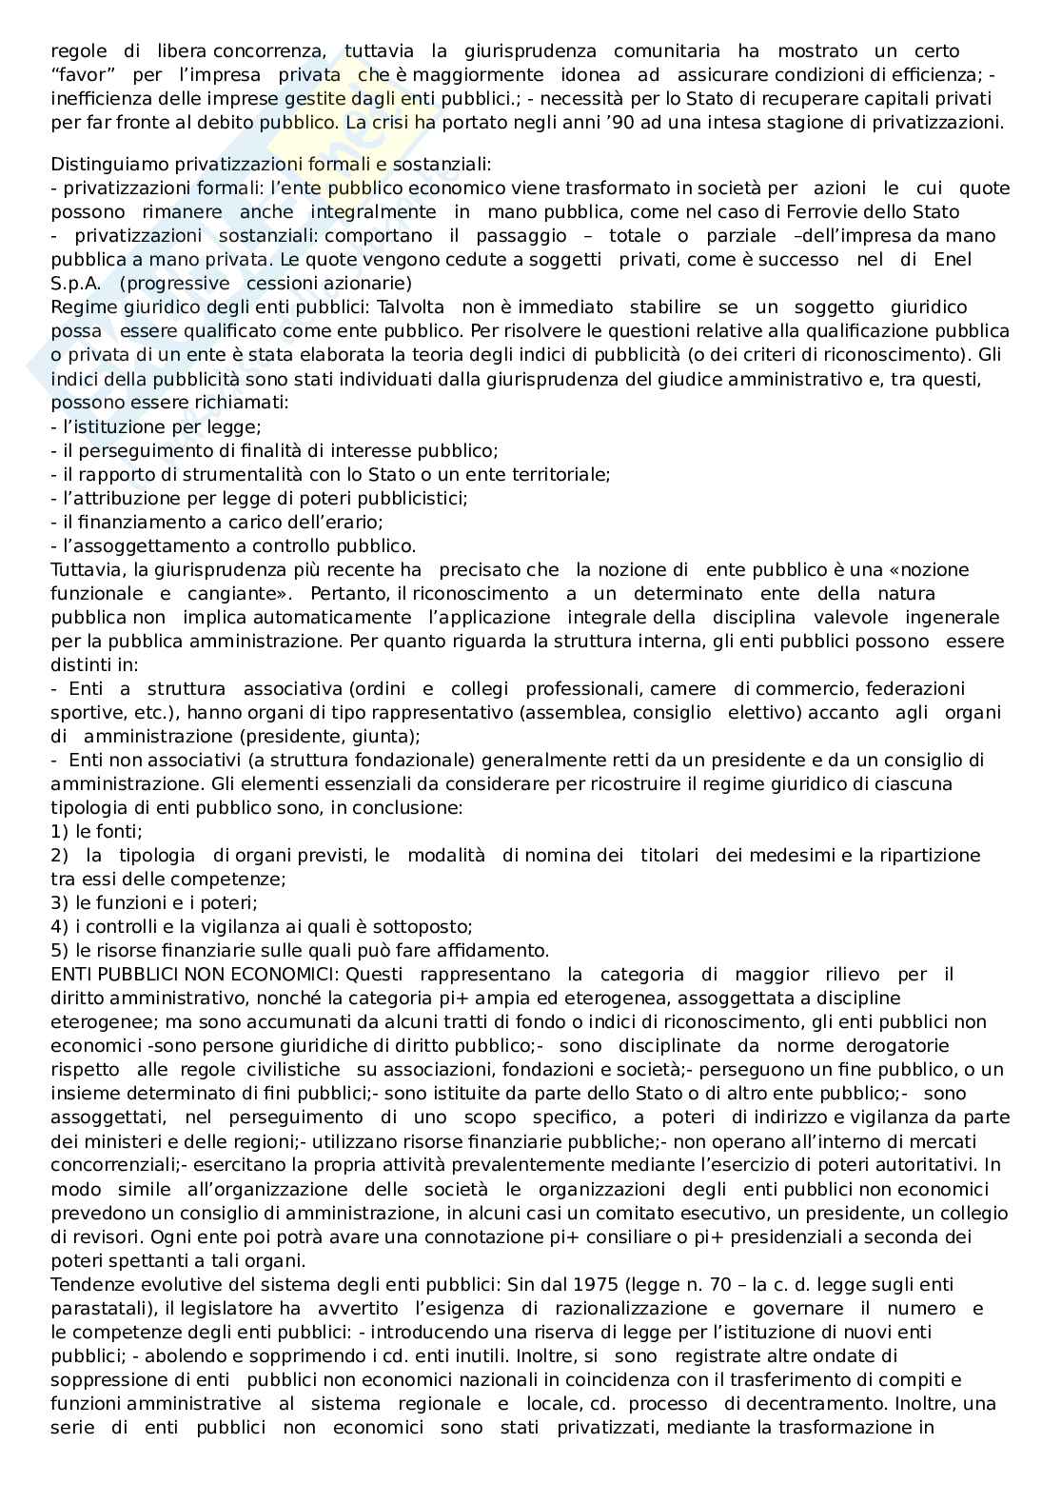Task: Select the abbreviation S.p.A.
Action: pos(75,284)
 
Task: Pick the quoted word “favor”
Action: pos(82,74)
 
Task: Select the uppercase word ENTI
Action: pos(69,975)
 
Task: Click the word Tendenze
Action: pos(90,1285)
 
